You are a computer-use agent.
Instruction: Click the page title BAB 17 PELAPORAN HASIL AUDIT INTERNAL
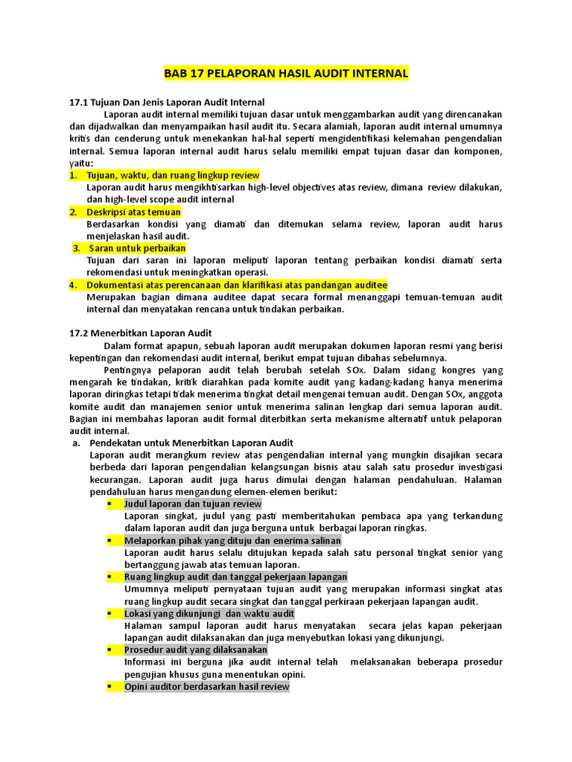pos(286,74)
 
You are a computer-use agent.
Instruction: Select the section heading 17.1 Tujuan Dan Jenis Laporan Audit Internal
pos(167,102)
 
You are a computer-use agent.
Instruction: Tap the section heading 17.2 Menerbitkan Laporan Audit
pos(141,333)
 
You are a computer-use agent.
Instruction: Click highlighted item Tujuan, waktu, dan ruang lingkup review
pos(162,175)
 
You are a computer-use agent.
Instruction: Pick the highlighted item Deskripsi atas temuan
pos(133,212)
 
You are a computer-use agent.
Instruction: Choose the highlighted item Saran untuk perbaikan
pos(137,248)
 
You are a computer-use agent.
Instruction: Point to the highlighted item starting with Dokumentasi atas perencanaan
pos(237,284)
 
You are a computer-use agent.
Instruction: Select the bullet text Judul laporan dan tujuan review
pos(193,504)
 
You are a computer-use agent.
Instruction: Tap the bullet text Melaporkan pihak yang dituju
pos(232,540)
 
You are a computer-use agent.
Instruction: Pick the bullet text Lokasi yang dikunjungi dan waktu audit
pos(209,613)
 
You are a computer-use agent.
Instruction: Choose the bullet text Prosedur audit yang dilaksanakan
pos(196,650)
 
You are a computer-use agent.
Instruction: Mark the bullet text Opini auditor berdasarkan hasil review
pos(206,686)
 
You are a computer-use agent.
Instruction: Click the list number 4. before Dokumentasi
pos(73,284)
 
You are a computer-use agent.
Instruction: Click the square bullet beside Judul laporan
pos(109,504)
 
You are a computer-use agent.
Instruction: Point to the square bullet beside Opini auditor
pos(109,686)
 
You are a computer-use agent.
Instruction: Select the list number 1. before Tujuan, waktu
pos(73,175)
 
